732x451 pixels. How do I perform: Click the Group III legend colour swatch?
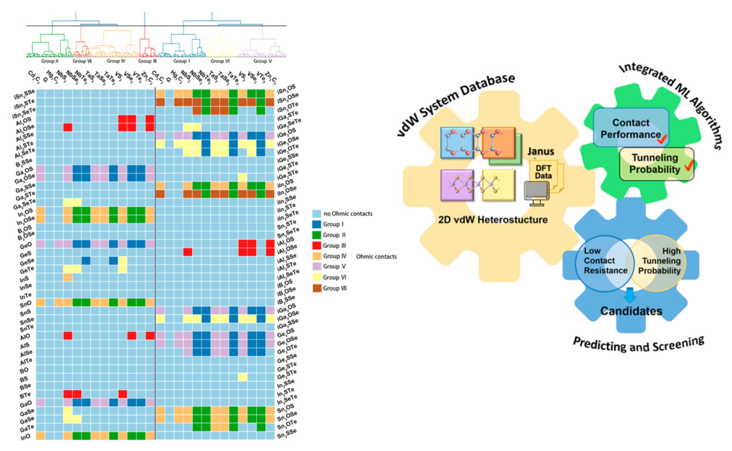click(x=316, y=246)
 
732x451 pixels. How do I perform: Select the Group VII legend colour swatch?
click(x=316, y=288)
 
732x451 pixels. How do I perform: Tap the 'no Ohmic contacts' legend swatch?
click(x=316, y=213)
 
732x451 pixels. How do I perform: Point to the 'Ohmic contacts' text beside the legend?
click(x=376, y=256)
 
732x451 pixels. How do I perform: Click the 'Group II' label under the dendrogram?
click(x=50, y=61)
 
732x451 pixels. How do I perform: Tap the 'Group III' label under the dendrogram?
click(x=147, y=61)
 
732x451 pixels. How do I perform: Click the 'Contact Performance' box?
click(x=631, y=128)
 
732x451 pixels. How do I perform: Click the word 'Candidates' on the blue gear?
click(x=631, y=311)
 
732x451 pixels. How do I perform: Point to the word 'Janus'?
click(x=540, y=151)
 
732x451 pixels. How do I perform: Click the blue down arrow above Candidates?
click(x=630, y=295)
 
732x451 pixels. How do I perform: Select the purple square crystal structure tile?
click(x=457, y=185)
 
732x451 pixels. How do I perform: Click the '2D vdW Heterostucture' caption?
click(x=493, y=220)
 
